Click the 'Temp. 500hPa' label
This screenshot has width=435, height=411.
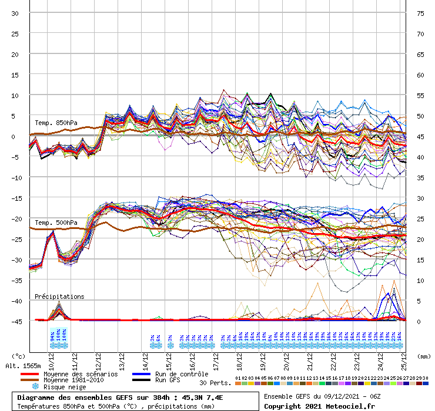[56, 223]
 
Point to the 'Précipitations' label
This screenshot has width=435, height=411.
[59, 297]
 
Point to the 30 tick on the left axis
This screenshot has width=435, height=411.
[15, 13]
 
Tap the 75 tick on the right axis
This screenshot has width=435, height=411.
[420, 13]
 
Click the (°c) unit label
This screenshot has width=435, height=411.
[19, 356]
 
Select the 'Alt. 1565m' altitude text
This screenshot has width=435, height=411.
[23, 366]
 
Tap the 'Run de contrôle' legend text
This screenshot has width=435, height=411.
[182, 374]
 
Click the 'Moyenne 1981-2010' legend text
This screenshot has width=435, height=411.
[78, 380]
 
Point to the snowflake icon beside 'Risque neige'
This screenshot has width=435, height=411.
[35, 387]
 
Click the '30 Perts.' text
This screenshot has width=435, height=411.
[215, 383]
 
